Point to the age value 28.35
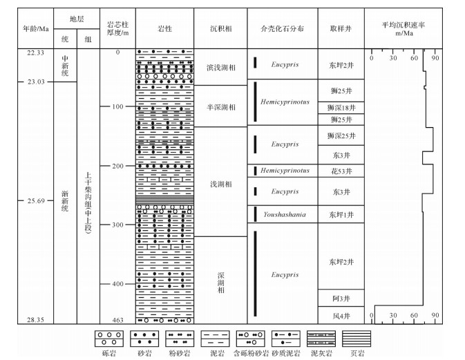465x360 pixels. pos(35,320)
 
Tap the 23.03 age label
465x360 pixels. pos(35,82)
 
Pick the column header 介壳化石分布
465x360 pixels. pos(283,28)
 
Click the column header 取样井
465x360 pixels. pos(341,28)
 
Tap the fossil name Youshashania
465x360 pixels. pos(283,215)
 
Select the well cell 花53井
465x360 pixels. pos(341,171)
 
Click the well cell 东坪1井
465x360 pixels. pos(341,215)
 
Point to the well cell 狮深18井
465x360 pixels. pos(341,108)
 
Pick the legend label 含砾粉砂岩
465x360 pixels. pos(252,353)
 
